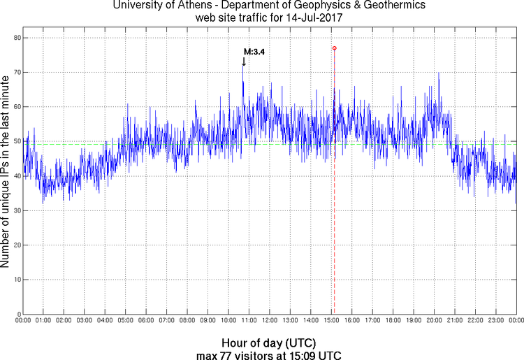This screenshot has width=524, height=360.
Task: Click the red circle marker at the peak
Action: coord(335,48)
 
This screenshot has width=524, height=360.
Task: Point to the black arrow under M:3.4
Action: coord(243,62)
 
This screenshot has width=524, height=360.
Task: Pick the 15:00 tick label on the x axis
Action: coord(331,321)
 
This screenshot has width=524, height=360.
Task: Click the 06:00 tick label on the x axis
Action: coord(146,321)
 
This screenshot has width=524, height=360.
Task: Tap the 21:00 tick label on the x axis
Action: coord(455,321)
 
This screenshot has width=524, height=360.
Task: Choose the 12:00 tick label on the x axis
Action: coord(270,321)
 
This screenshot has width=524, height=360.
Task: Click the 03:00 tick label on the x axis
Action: coord(84,321)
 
